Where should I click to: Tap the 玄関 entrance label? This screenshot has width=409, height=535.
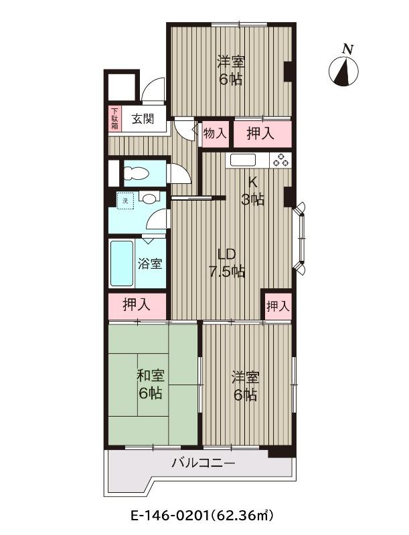(143, 119)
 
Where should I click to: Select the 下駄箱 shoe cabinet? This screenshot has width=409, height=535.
(114, 119)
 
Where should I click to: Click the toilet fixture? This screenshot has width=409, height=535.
(136, 173)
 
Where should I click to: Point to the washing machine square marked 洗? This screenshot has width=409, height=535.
(126, 200)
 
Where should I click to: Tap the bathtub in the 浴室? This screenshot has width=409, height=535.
(121, 263)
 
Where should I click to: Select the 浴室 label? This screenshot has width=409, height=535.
(150, 263)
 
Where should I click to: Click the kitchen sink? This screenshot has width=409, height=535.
(243, 160)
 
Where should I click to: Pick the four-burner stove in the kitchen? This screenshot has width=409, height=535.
(280, 160)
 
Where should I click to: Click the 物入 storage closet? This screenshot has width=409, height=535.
(216, 134)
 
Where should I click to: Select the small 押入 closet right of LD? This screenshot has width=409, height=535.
(278, 306)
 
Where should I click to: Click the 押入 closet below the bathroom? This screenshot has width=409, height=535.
(137, 305)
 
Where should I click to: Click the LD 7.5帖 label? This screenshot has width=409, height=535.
(227, 263)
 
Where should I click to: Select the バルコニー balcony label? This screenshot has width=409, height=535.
(203, 463)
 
